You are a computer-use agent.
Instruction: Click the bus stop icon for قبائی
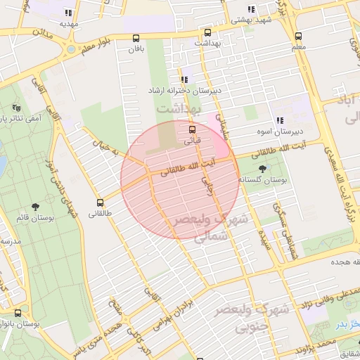coord(193,129)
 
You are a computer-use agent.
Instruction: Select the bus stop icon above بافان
coord(136,39)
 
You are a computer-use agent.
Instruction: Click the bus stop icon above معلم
coord(298,37)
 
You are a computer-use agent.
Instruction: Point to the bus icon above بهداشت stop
coord(207,32)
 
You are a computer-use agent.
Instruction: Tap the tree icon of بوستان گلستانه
coord(263,168)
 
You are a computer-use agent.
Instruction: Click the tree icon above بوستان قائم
coord(36,207)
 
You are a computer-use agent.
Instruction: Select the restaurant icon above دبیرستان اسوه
coord(279,120)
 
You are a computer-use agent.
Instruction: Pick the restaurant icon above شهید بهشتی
coord(251,11)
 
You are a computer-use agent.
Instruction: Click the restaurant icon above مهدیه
coord(67,13)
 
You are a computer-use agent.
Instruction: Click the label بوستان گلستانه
coord(263,180)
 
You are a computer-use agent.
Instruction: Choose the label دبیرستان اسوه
coord(299,131)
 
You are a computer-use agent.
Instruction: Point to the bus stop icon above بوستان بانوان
coord(18,313)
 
